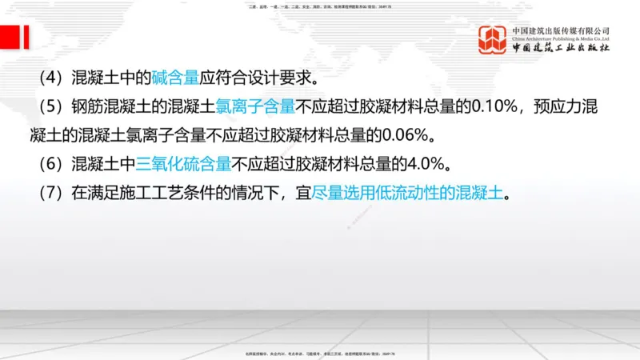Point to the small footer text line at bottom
point(320,353)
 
